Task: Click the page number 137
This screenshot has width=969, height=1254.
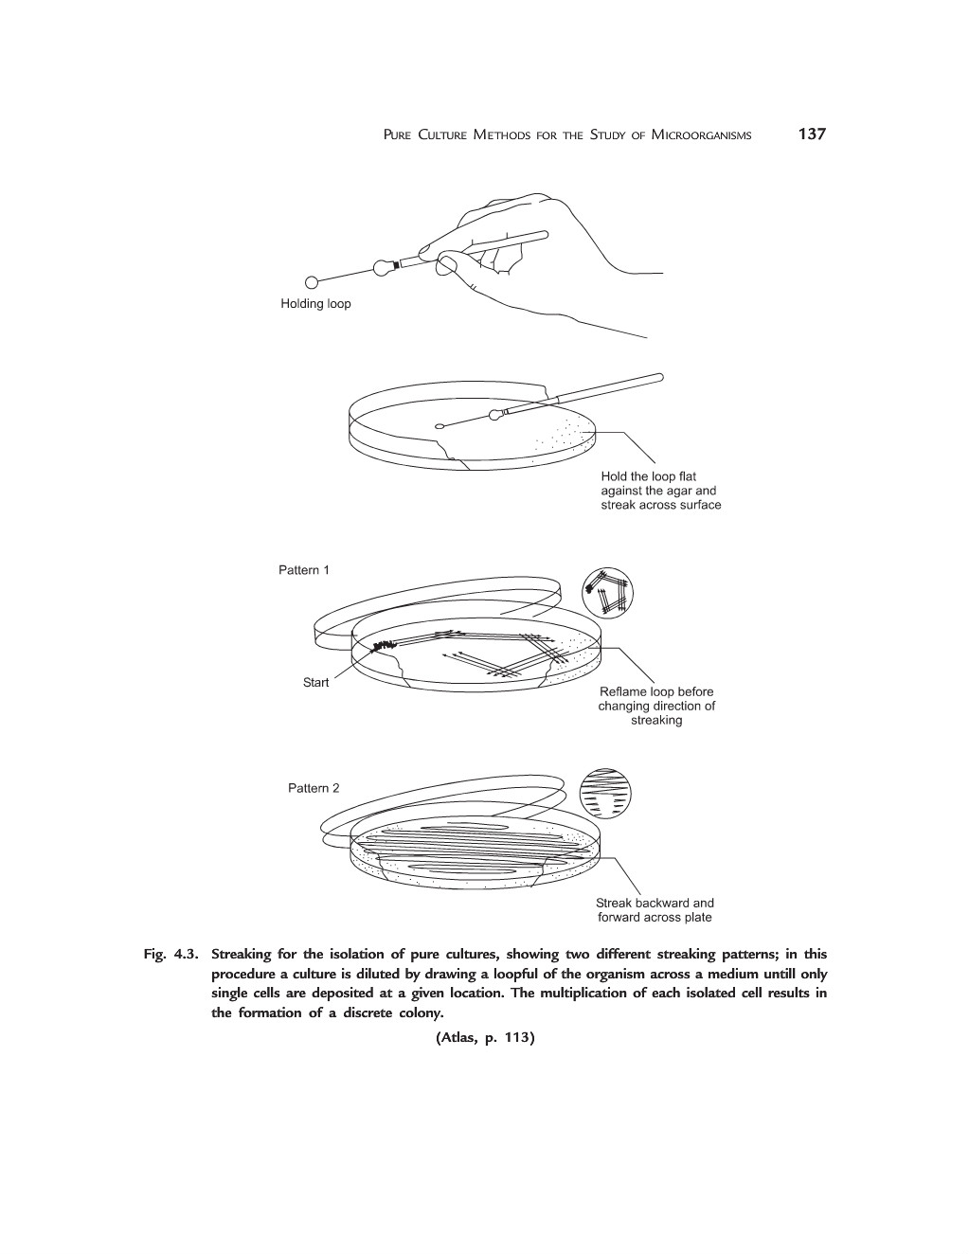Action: (x=812, y=134)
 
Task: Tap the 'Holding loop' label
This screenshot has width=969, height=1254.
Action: (x=315, y=304)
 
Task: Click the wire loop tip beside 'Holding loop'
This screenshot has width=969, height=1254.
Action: (x=311, y=281)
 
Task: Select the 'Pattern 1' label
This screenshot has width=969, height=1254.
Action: (x=304, y=570)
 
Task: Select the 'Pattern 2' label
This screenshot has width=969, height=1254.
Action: (x=314, y=788)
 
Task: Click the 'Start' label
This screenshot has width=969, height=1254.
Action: (x=315, y=682)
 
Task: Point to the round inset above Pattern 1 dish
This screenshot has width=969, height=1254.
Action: (x=606, y=594)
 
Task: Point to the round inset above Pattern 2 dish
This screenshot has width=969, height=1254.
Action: (x=604, y=794)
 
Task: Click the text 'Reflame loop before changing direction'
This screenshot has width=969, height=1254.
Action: (x=656, y=706)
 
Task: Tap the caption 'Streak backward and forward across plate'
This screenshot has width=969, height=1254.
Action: (x=655, y=910)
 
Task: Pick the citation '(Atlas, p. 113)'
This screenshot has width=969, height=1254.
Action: (x=485, y=1038)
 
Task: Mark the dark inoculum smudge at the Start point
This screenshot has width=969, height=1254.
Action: (x=383, y=646)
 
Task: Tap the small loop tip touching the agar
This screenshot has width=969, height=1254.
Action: (x=440, y=426)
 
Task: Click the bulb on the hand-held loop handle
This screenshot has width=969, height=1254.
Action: (x=384, y=267)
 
